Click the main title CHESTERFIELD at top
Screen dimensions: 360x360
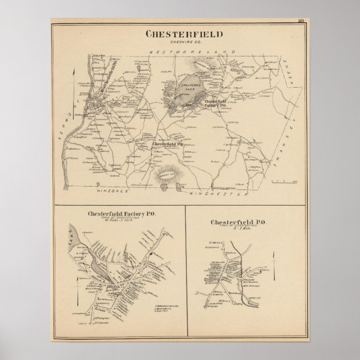[184, 34]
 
